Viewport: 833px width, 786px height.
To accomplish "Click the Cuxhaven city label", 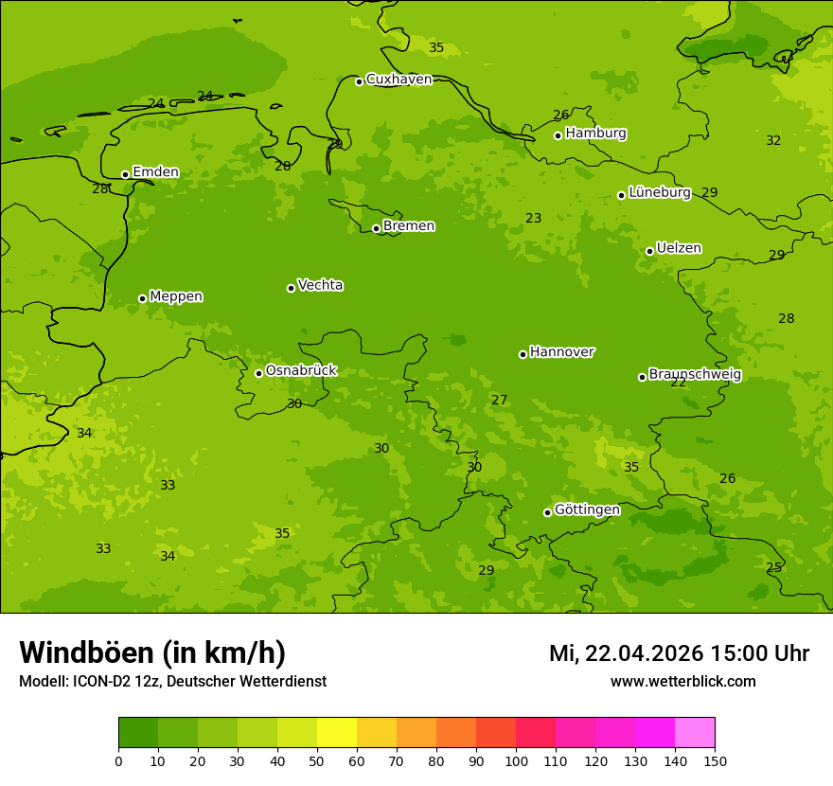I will [x=399, y=80].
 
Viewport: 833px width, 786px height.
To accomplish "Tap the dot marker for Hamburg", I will [x=558, y=135].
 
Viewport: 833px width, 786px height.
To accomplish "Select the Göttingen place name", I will [x=587, y=510].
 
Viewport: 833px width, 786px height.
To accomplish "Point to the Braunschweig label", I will [x=695, y=375].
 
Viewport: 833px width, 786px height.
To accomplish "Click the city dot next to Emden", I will [x=125, y=174].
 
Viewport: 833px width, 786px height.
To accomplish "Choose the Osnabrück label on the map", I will [x=301, y=371].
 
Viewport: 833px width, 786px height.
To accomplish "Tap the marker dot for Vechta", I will [x=291, y=288].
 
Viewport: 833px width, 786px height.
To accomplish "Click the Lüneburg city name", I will [x=660, y=193].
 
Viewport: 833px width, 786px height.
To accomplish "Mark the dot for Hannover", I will [x=523, y=354].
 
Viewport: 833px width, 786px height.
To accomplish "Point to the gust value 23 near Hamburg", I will [x=534, y=219].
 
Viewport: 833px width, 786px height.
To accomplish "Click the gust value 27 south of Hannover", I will [x=499, y=401].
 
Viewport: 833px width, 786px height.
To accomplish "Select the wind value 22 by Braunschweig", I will [x=678, y=383].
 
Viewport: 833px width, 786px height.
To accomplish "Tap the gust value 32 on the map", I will [x=773, y=141].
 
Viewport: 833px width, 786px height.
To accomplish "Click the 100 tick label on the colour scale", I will [x=516, y=760].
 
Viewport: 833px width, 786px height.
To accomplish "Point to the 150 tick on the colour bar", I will [x=715, y=760].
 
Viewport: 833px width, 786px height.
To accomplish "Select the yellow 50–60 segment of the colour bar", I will [x=337, y=733].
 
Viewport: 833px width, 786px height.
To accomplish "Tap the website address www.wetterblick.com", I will [x=682, y=682].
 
